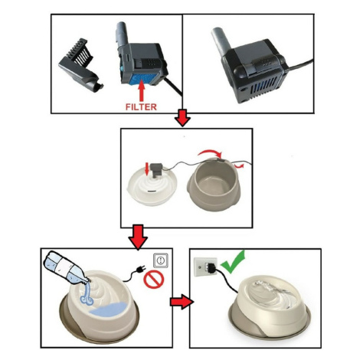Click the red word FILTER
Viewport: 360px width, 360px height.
tap(141, 106)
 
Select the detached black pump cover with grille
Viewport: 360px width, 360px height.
tap(80, 65)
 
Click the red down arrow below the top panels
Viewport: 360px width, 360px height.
tap(183, 118)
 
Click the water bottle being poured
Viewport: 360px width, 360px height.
tap(65, 268)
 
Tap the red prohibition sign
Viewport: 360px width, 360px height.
tap(154, 280)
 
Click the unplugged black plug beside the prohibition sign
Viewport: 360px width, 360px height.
tap(139, 269)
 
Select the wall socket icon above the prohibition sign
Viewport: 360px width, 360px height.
tap(161, 260)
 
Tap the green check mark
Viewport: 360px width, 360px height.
tap(233, 262)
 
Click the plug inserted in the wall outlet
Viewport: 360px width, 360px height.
tap(211, 267)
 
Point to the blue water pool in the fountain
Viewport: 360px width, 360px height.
tap(108, 308)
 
